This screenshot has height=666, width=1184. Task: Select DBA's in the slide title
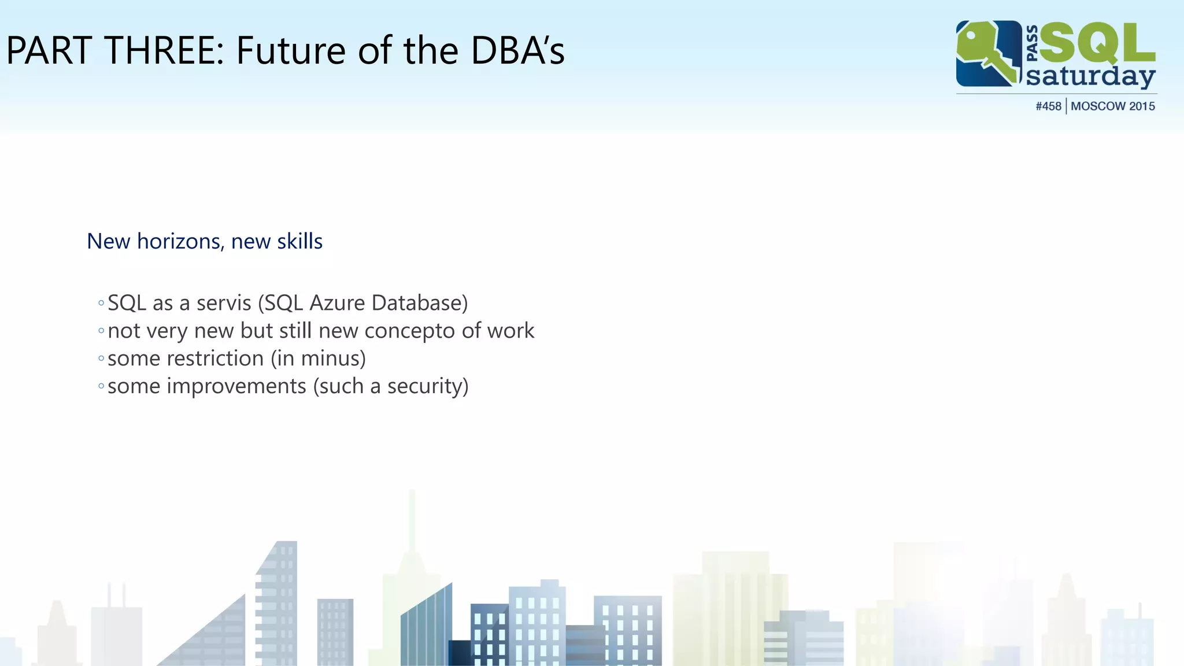[x=517, y=50]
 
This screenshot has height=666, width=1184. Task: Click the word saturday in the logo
[x=1090, y=77]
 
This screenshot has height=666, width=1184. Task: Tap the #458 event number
[x=1048, y=106]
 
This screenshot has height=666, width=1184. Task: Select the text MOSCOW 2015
[x=1112, y=106]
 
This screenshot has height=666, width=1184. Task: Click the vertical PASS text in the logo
[x=1032, y=43]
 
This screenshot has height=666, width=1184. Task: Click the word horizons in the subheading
[x=179, y=242]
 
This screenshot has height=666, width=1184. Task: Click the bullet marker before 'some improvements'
[x=101, y=386]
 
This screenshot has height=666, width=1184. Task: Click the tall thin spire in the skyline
[x=412, y=520]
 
